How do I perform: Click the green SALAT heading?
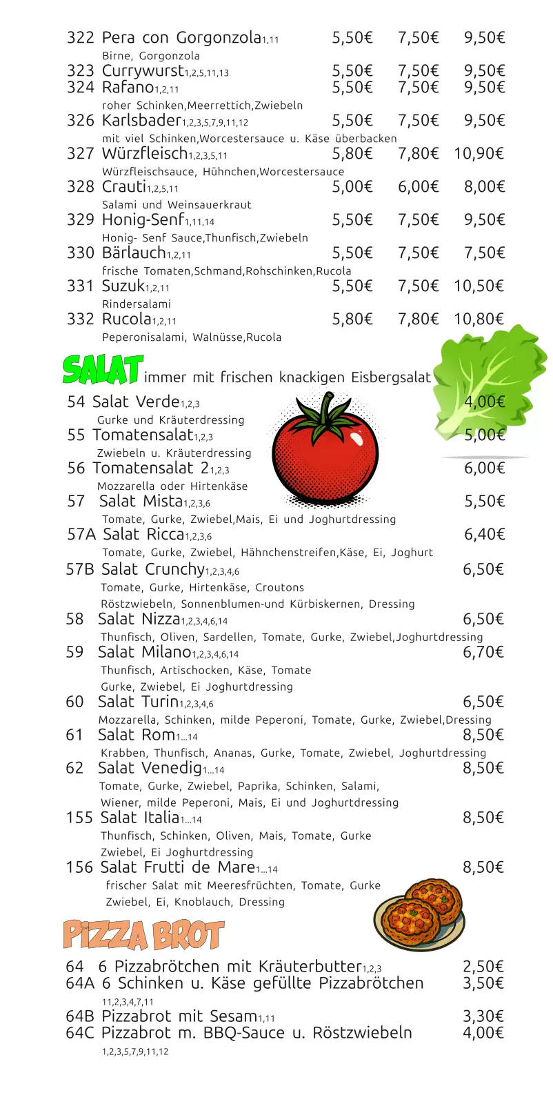[x=103, y=370]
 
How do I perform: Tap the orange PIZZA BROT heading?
[x=143, y=936]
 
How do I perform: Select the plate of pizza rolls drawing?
[x=419, y=914]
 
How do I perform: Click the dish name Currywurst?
[x=143, y=70]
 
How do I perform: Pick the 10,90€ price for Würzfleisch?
[x=479, y=153]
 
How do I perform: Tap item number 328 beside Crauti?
[x=80, y=186]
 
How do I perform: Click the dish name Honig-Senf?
[x=143, y=219]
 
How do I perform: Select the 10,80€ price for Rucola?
[x=479, y=319]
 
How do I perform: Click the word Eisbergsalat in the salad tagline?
[x=391, y=377]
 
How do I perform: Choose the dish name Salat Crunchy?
[x=153, y=569]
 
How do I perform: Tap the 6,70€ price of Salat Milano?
[x=483, y=652]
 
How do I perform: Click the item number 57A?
[x=81, y=534]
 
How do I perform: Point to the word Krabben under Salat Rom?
[x=123, y=753]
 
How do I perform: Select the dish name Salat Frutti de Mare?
[x=177, y=867]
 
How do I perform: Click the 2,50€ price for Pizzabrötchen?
[x=483, y=967]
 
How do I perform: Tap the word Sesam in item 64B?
[x=234, y=1016]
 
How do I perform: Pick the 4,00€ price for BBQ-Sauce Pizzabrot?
[x=483, y=1033]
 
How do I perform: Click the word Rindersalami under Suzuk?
[x=137, y=304]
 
